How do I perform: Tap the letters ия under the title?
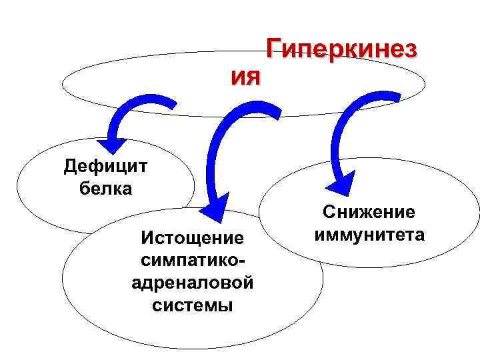(x=247, y=78)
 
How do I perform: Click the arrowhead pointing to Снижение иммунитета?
(x=342, y=183)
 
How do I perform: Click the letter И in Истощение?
(x=142, y=237)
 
